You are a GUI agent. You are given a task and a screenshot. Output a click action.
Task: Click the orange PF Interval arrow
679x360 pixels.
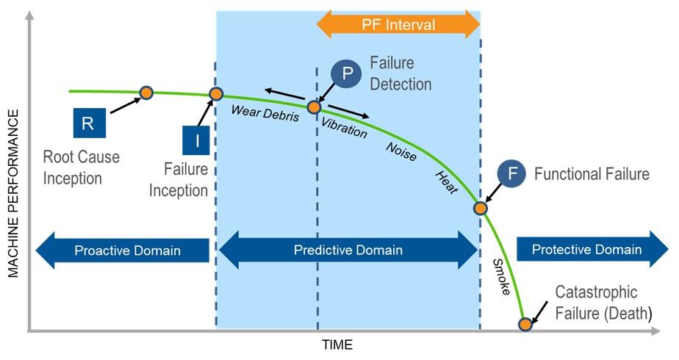click(x=398, y=24)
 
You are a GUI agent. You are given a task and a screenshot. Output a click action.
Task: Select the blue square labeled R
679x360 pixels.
click(x=87, y=123)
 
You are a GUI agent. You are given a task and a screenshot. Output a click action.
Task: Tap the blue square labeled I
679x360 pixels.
click(x=197, y=140)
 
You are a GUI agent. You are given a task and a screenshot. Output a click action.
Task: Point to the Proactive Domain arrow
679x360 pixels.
click(x=121, y=251)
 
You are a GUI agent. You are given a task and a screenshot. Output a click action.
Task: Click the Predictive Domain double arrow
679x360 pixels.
click(x=348, y=251)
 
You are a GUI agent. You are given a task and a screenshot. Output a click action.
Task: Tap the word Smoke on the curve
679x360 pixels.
click(x=501, y=278)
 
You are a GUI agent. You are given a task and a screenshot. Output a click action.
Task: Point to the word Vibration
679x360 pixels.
click(x=344, y=126)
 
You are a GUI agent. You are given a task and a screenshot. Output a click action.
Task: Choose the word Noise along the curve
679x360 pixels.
click(x=401, y=151)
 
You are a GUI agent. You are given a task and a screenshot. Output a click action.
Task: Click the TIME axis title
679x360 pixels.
click(x=337, y=345)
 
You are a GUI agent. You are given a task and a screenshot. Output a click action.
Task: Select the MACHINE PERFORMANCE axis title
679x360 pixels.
click(x=13, y=194)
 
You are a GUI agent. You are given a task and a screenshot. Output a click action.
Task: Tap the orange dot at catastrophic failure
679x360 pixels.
click(x=525, y=323)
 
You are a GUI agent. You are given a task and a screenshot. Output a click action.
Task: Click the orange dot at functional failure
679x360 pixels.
click(x=480, y=208)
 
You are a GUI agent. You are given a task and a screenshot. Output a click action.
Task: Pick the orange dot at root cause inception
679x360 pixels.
click(x=146, y=92)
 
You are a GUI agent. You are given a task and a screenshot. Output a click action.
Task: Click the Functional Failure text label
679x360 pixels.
click(x=592, y=174)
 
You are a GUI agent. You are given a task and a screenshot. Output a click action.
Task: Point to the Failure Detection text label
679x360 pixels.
click(x=400, y=73)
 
